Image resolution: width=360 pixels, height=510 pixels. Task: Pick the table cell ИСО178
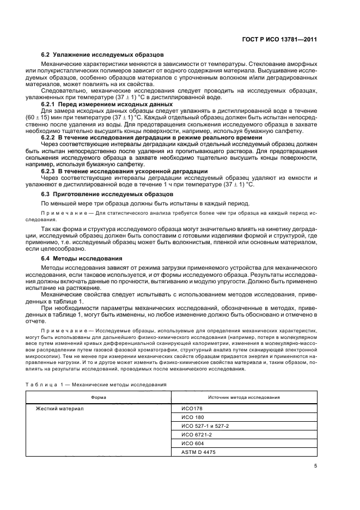pos(191,408)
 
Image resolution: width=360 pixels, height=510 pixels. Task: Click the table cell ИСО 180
pos(192,417)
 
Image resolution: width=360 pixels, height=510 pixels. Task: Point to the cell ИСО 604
pos(192,444)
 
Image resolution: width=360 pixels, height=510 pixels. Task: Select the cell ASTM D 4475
pos(197,453)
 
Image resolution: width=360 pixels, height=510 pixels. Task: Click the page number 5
pos(316,466)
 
